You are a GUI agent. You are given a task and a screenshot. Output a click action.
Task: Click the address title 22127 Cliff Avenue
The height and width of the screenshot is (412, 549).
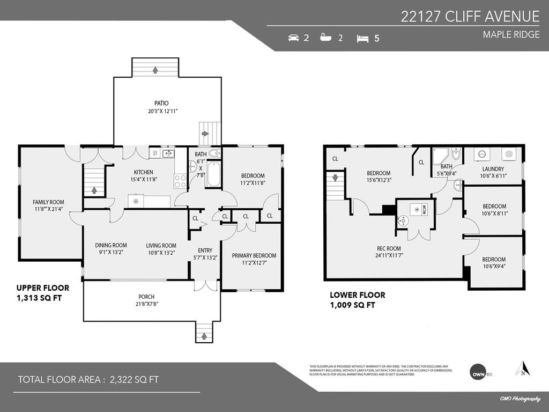point(470,17)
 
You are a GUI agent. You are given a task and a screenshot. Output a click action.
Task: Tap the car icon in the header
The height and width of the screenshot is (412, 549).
point(293,38)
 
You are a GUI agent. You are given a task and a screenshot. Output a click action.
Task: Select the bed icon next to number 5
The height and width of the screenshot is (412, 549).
point(363,38)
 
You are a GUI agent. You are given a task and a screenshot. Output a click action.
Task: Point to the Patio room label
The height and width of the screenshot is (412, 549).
point(161,103)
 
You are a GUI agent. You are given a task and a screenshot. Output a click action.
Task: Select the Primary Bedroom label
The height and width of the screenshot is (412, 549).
point(254,255)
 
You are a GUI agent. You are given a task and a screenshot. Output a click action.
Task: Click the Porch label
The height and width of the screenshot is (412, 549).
point(146,297)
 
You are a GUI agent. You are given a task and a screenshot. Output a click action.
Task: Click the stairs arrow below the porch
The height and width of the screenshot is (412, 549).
point(203,337)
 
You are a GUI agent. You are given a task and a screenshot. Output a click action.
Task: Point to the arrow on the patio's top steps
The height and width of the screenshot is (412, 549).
point(155,70)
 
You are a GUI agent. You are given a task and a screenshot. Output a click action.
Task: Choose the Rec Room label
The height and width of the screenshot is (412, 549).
point(389,248)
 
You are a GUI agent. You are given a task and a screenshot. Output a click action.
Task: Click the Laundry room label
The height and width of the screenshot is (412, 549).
point(493,168)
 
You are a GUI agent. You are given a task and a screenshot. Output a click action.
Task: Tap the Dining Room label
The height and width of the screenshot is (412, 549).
point(111,245)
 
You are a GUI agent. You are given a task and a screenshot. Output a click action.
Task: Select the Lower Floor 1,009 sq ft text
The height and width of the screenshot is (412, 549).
point(357,300)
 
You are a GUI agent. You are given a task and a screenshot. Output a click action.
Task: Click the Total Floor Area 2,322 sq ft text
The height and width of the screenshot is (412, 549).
point(88,380)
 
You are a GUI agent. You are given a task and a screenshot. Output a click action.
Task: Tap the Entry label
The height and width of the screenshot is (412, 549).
point(205,250)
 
